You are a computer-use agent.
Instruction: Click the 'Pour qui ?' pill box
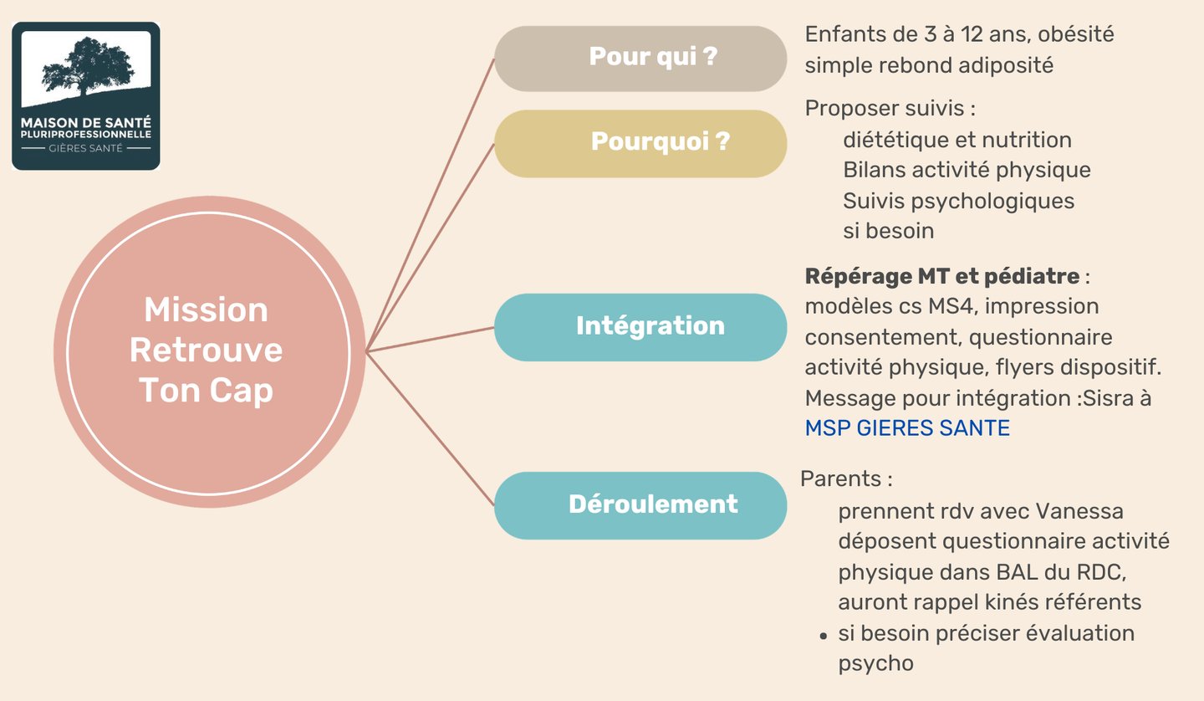[x=640, y=59]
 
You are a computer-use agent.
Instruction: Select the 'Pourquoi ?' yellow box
[x=640, y=143]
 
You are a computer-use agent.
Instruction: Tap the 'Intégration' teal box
[x=640, y=327]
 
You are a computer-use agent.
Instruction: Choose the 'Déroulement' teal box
[x=640, y=505]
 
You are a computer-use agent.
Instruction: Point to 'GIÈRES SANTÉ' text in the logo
[x=85, y=148]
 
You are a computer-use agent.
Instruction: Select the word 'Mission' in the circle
[x=206, y=310]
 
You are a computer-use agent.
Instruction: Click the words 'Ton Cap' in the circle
[x=206, y=391]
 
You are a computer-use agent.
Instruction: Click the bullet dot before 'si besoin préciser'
[x=824, y=636]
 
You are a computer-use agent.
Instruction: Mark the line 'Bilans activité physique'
[x=967, y=170]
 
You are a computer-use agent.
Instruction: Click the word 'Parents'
[x=841, y=479]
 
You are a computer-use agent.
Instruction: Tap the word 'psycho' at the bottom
[x=875, y=663]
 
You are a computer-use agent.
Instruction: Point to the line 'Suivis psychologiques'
[x=958, y=201]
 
